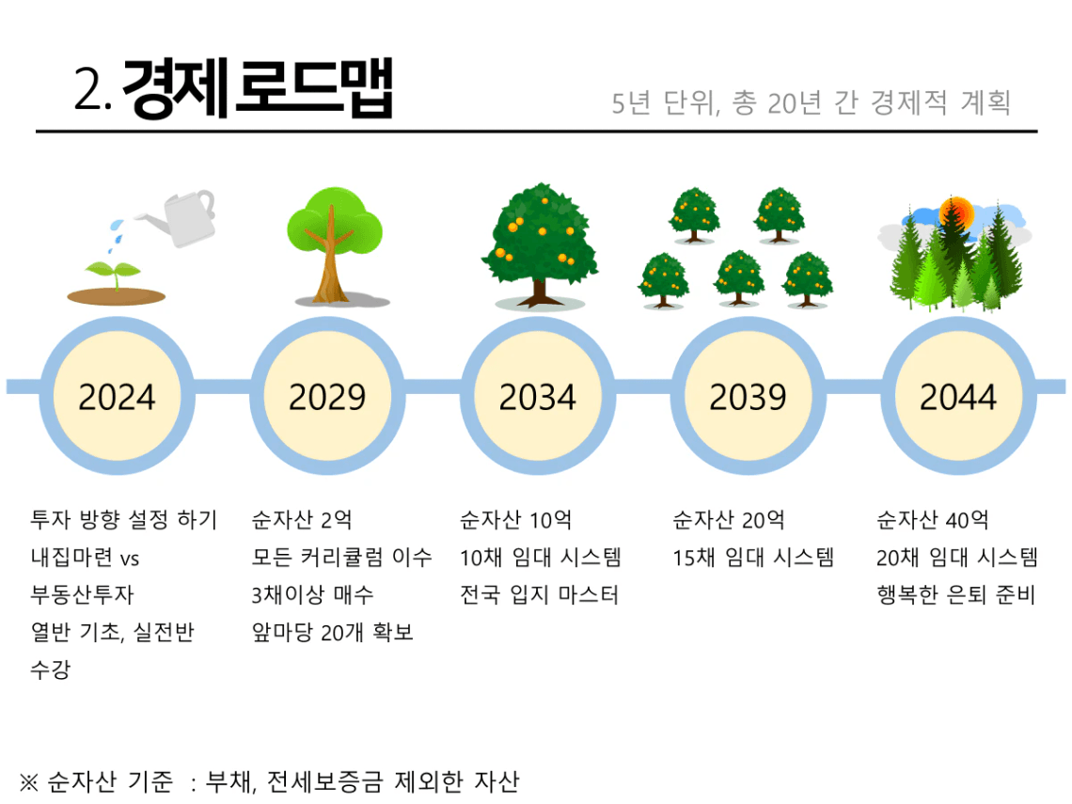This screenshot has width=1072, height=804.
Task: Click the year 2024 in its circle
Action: pyautogui.click(x=117, y=397)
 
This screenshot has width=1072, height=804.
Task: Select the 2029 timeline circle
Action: pyautogui.click(x=327, y=397)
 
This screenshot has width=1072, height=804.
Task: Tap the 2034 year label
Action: pyautogui.click(x=537, y=397)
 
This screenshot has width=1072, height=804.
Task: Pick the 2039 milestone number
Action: pyautogui.click(x=748, y=397)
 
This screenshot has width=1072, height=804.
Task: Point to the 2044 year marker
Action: pyautogui.click(x=958, y=397)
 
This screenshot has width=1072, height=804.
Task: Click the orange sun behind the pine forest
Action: pyautogui.click(x=956, y=214)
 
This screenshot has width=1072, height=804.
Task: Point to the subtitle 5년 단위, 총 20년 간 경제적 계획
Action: pyautogui.click(x=811, y=102)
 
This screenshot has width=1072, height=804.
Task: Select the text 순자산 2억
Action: pyautogui.click(x=302, y=520)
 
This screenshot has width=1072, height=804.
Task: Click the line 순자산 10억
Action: pyautogui.click(x=515, y=520)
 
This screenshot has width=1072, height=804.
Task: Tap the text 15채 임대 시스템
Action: pyautogui.click(x=753, y=558)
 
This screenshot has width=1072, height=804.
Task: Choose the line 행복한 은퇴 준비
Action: pyautogui.click(x=956, y=595)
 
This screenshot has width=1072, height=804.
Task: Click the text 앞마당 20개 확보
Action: pyautogui.click(x=332, y=633)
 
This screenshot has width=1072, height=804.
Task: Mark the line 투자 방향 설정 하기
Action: pyautogui.click(x=124, y=520)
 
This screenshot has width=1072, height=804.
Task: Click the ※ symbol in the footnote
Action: pyautogui.click(x=28, y=781)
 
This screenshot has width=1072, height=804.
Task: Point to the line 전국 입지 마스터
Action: pyautogui.click(x=540, y=595)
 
